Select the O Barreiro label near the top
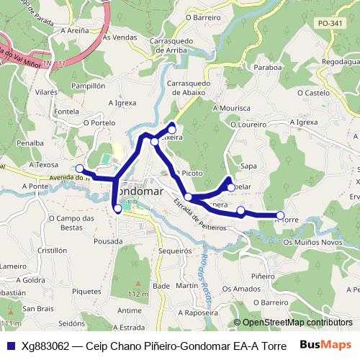pyautogui.click(x=202, y=17)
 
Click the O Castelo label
pyautogui.click(x=312, y=93)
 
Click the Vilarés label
pyautogui.click(x=45, y=93)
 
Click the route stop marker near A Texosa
pyautogui.click(x=80, y=170)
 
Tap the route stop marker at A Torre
pyautogui.click(x=280, y=215)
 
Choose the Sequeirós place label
pyautogui.click(x=174, y=251)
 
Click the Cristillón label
pyautogui.click(x=32, y=251)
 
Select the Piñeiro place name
pyautogui.click(x=263, y=276)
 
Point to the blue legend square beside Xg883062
pyautogui.click(x=10, y=346)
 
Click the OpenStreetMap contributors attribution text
pyautogui.click(x=292, y=323)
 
